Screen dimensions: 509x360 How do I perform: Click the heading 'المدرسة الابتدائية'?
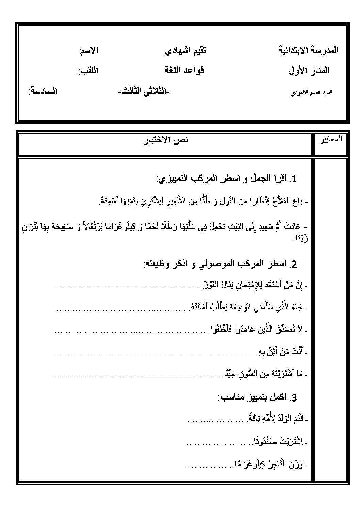(309, 50)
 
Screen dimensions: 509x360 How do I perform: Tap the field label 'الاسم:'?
(88, 51)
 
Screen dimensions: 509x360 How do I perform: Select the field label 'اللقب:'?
(88, 71)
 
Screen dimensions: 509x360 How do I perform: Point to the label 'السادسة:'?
(43, 91)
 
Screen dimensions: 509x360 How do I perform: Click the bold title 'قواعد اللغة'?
(184, 71)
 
